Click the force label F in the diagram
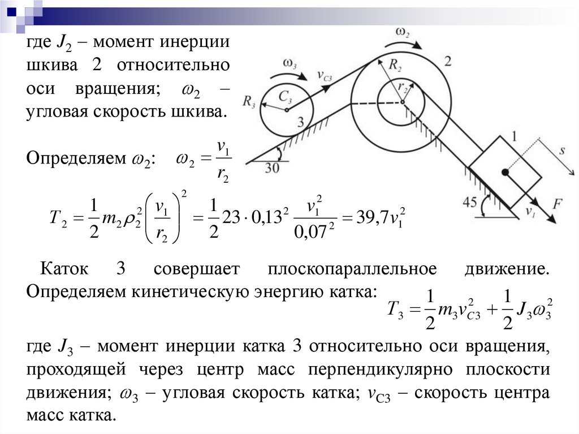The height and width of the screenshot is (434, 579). [x=557, y=204]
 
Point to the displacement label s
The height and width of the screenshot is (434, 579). [x=562, y=152]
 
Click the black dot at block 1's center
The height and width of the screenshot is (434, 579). [x=504, y=171]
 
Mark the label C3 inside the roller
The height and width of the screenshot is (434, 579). [x=286, y=98]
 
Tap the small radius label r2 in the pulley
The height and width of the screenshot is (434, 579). [x=403, y=88]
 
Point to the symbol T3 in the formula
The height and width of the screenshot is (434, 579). [x=395, y=309]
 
